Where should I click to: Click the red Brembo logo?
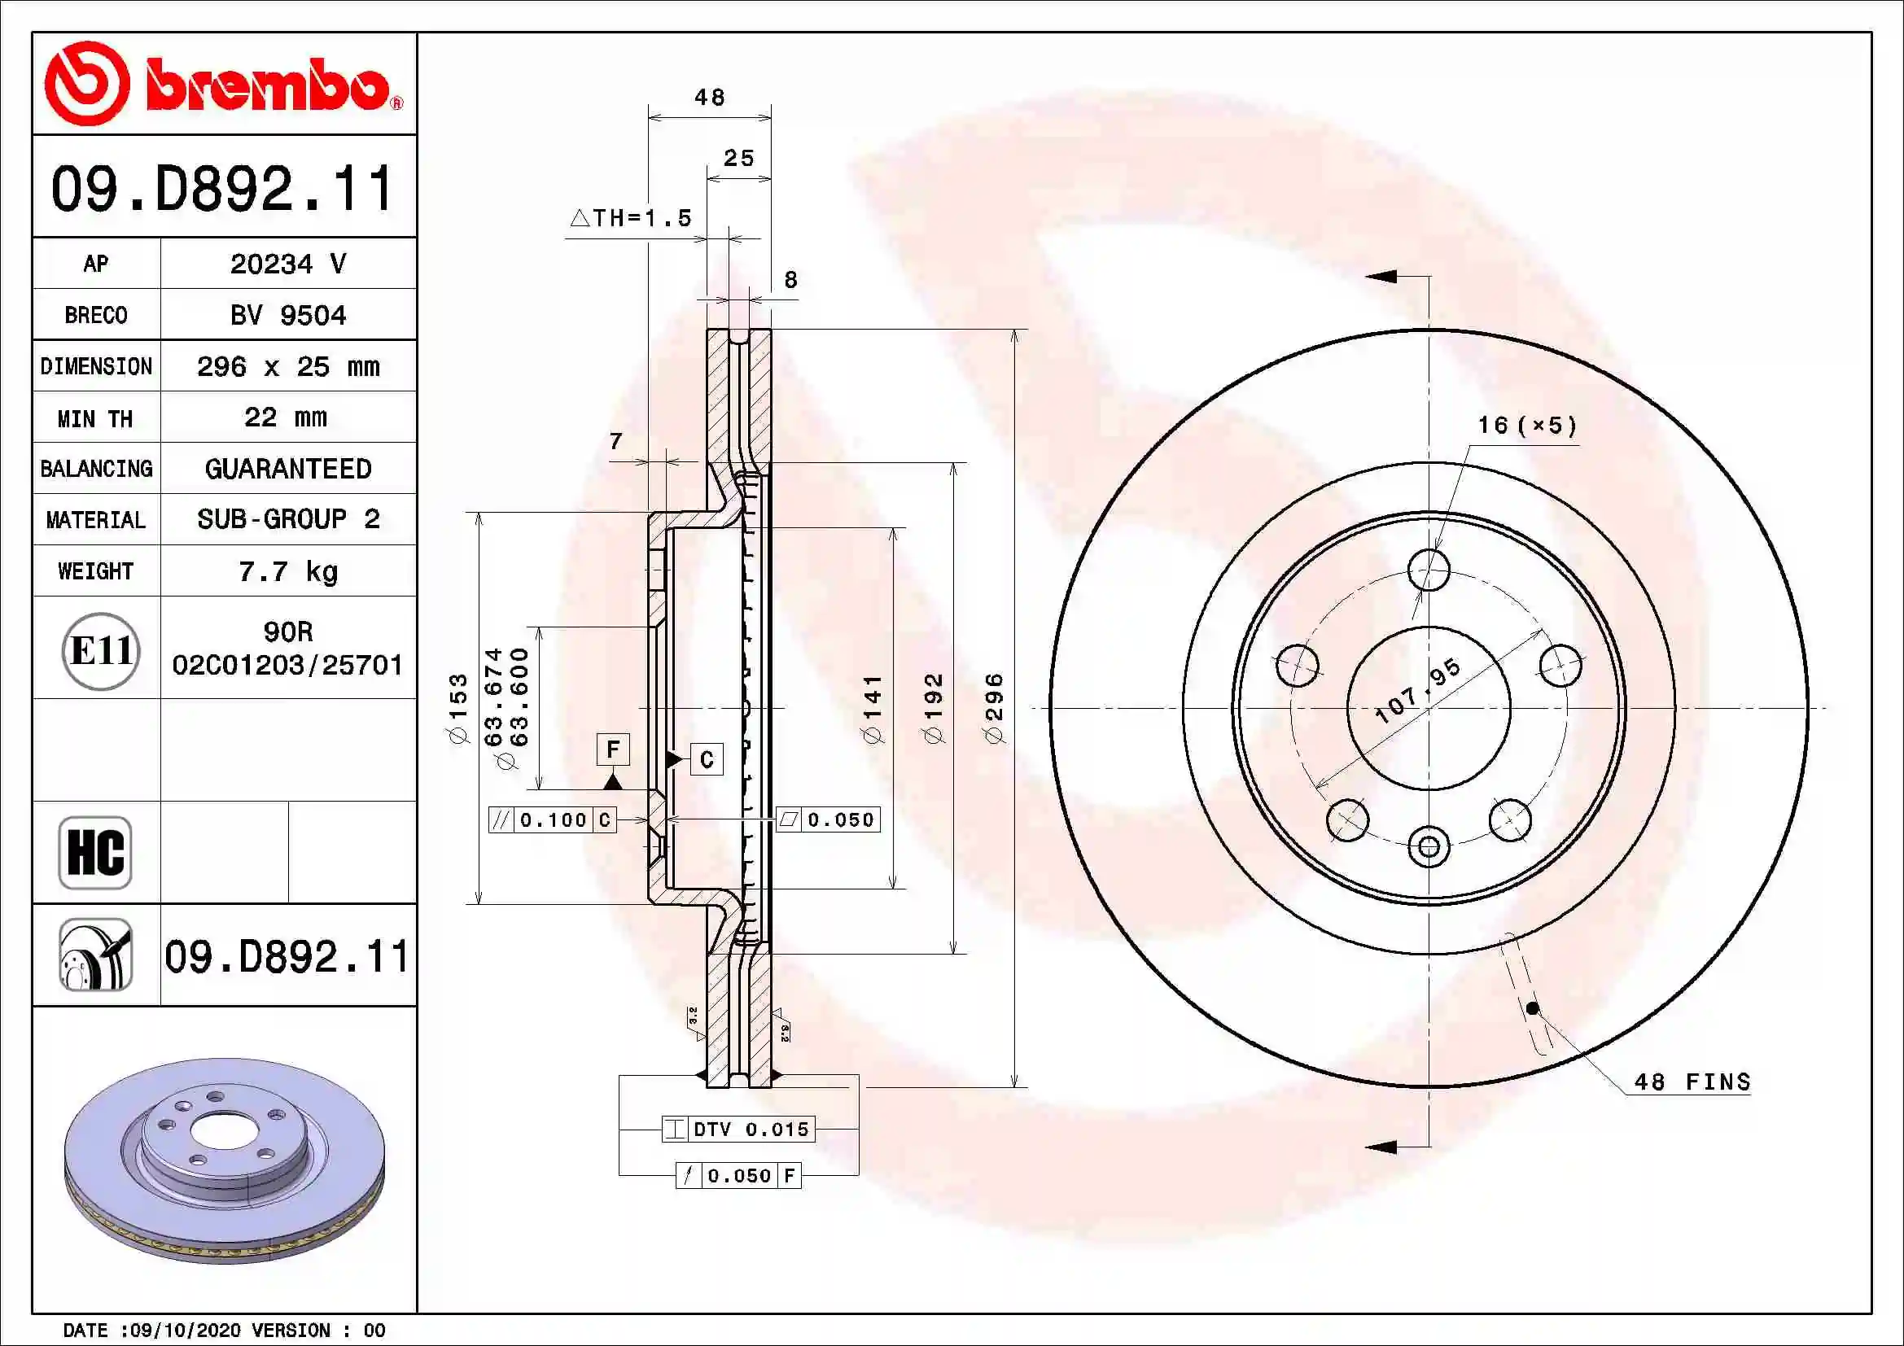(x=222, y=84)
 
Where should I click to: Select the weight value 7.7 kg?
(x=287, y=571)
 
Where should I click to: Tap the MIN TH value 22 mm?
(x=286, y=417)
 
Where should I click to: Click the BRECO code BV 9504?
(x=287, y=315)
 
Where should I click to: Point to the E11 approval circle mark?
(x=100, y=651)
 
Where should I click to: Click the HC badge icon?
(x=95, y=852)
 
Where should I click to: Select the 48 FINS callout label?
(x=1692, y=1082)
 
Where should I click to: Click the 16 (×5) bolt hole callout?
(x=1526, y=425)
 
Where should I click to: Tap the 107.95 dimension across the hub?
(x=1418, y=689)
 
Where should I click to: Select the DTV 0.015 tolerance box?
(x=738, y=1129)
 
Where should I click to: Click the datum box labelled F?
(x=613, y=749)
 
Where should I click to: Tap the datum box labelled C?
(x=707, y=759)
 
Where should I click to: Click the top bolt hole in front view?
(x=1429, y=570)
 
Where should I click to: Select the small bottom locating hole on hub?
(x=1429, y=846)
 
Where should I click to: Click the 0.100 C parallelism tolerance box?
(x=552, y=819)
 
